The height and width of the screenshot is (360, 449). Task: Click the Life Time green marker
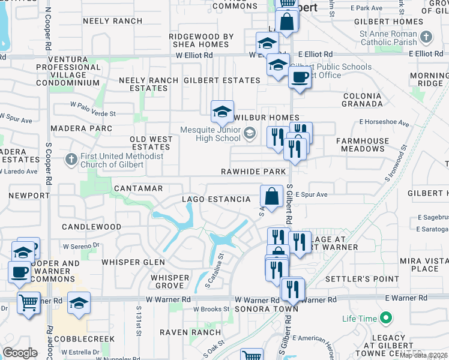(386, 317)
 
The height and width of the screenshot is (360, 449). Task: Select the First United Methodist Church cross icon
(71, 160)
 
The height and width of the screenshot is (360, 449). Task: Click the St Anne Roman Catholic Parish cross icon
(426, 37)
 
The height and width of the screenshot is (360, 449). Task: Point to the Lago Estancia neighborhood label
(217, 199)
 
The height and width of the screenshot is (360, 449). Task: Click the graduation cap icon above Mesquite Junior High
(222, 111)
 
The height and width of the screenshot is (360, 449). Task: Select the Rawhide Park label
(253, 172)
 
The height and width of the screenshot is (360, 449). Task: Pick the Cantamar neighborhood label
(139, 188)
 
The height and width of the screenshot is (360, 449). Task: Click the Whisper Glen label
(128, 262)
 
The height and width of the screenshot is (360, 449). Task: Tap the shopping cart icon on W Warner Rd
(28, 303)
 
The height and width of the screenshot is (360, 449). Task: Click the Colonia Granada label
(363, 100)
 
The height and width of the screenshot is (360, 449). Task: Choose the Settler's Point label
(362, 279)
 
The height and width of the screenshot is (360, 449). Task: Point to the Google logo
(20, 353)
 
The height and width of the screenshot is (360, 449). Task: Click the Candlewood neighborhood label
(92, 227)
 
